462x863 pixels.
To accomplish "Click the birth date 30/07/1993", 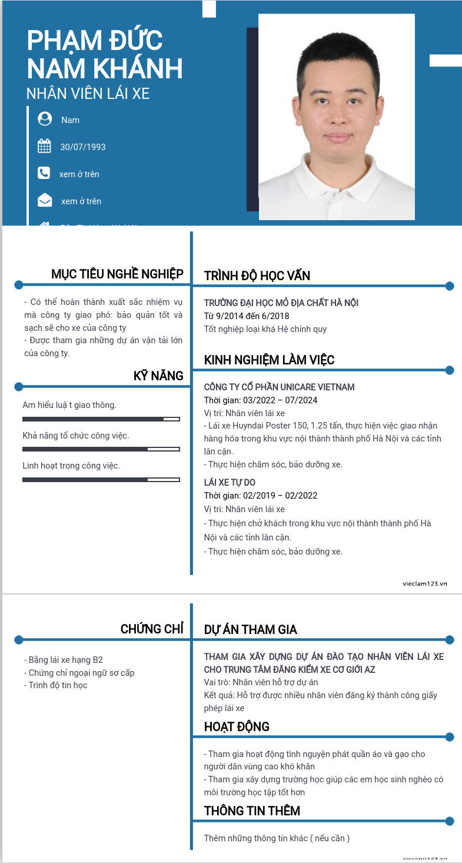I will tap(83, 147).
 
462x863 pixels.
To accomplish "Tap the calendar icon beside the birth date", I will tap(44, 146).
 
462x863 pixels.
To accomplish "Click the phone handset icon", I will tap(44, 173).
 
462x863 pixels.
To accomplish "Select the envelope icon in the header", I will tap(45, 201).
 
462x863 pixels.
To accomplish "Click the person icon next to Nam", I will tap(45, 119).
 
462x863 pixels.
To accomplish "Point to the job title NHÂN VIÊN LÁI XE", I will tap(88, 93).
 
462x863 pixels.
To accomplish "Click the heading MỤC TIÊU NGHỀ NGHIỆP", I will tap(117, 274).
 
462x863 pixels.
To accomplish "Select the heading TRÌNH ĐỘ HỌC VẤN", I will tap(257, 276).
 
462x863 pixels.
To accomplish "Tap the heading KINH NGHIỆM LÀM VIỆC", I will tap(270, 360).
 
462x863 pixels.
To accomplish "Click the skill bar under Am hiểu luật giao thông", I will tap(101, 419).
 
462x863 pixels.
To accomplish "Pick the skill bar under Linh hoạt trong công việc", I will tap(101, 480).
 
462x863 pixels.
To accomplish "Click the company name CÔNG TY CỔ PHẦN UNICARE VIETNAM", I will tap(280, 387).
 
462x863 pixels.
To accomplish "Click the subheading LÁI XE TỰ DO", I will tap(230, 483).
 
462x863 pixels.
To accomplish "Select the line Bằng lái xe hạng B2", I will tap(66, 660).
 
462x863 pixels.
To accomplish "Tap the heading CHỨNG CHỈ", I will tap(152, 629).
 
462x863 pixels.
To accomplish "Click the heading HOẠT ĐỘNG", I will tap(237, 727).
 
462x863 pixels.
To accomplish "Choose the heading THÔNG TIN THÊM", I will tap(252, 811).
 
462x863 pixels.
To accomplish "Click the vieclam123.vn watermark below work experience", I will tap(425, 583).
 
